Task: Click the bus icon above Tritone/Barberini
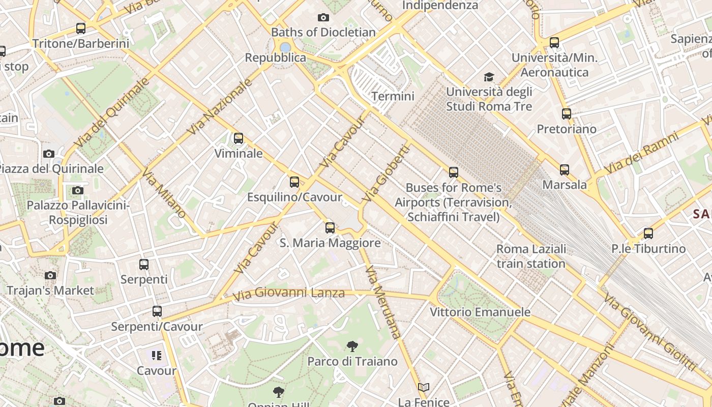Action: click(x=81, y=28)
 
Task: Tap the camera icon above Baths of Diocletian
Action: click(x=323, y=18)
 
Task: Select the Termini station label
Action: click(x=393, y=96)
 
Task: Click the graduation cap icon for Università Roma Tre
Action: click(x=489, y=77)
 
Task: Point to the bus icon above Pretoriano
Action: click(x=567, y=114)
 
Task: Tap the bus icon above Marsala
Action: click(x=565, y=170)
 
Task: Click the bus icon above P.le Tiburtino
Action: click(x=648, y=234)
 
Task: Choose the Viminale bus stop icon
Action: click(x=238, y=138)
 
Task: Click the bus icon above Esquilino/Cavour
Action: click(x=294, y=182)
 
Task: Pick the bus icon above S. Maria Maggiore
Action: click(x=330, y=227)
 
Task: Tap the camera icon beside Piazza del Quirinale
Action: click(x=49, y=154)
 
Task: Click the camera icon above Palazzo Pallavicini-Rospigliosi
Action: click(x=78, y=190)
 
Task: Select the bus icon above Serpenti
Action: click(x=144, y=265)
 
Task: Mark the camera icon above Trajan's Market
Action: click(x=50, y=276)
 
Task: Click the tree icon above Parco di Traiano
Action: click(x=352, y=347)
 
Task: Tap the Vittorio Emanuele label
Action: click(x=480, y=312)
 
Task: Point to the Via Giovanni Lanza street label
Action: click(x=288, y=294)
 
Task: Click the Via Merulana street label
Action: click(x=383, y=302)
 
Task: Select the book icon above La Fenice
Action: click(x=424, y=388)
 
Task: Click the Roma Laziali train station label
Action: click(x=531, y=256)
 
